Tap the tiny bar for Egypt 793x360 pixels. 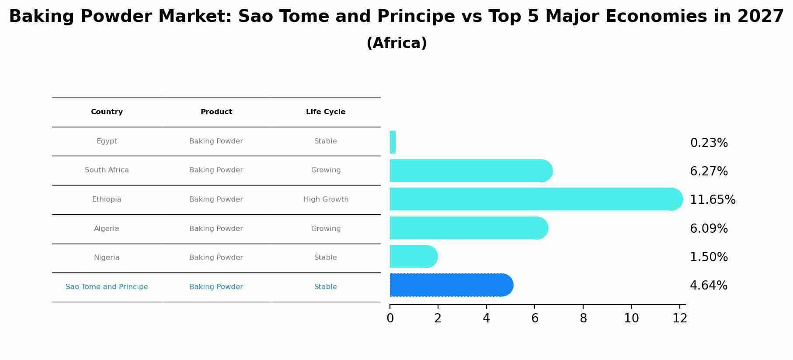pyautogui.click(x=393, y=142)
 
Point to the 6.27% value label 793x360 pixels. pyautogui.click(x=709, y=171)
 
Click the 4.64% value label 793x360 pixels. pyautogui.click(x=708, y=286)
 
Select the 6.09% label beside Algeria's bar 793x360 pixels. pyautogui.click(x=709, y=229)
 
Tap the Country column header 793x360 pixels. pyautogui.click(x=107, y=112)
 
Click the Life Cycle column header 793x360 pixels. pyautogui.click(x=326, y=112)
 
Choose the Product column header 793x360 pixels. pyautogui.click(x=216, y=112)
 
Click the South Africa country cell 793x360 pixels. pyautogui.click(x=107, y=170)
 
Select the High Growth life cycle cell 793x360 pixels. pyautogui.click(x=326, y=199)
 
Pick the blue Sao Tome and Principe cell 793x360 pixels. pyautogui.click(x=107, y=287)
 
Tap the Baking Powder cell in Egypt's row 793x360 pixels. pyautogui.click(x=216, y=141)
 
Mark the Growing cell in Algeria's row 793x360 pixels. pyautogui.click(x=326, y=229)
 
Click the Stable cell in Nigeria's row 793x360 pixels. pyautogui.click(x=326, y=258)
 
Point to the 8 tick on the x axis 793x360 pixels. pyautogui.click(x=583, y=318)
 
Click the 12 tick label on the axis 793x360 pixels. pyautogui.click(x=680, y=318)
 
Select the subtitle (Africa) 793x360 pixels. pyautogui.click(x=396, y=43)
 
